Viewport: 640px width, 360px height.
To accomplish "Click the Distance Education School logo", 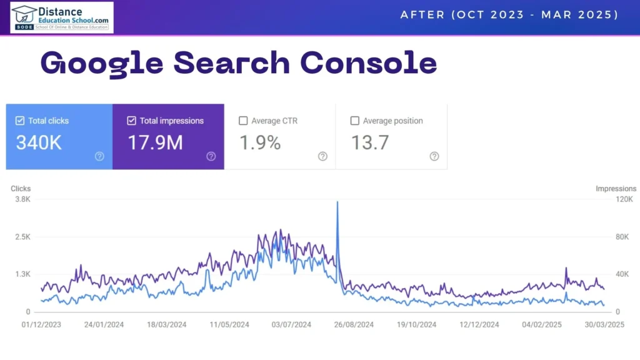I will pos(61,17).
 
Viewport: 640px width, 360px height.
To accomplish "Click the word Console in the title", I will pos(369,63).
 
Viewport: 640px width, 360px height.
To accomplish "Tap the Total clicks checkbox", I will pos(19,121).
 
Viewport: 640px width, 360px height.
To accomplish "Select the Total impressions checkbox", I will pos(131,121).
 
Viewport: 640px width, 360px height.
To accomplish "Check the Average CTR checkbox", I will pos(243,121).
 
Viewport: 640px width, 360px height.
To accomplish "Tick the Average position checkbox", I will pos(355,121).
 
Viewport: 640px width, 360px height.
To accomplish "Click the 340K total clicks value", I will pos(39,142).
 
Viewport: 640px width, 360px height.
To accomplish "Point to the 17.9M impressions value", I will pos(155,142).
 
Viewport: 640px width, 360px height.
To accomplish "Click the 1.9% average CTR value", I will pos(260,142).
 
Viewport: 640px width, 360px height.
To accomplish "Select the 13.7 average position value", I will pos(370,142).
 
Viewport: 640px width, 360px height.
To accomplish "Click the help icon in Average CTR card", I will pos(322,156).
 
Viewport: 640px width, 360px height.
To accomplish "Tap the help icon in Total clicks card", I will pos(99,156).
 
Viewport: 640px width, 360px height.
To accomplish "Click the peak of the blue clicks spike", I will pos(337,202).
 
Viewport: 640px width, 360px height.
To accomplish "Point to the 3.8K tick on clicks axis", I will pos(22,199).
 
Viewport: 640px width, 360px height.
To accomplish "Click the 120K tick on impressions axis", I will pos(624,199).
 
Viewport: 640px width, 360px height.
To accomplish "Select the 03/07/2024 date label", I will pos(291,325).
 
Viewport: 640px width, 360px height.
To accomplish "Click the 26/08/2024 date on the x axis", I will pos(354,325).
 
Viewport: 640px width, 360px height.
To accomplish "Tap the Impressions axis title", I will pos(616,189).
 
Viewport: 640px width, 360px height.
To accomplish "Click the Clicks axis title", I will pos(21,189).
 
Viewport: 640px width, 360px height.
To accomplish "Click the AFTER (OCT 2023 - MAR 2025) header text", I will pos(509,15).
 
